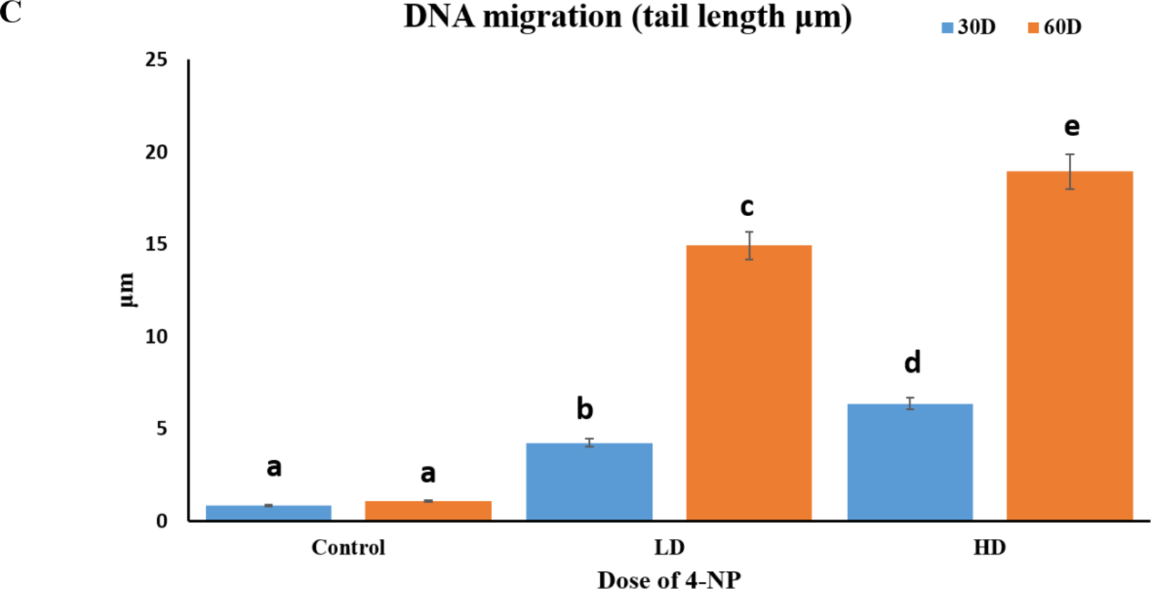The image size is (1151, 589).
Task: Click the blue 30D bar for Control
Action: pos(268,512)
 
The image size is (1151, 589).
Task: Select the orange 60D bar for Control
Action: pos(428,510)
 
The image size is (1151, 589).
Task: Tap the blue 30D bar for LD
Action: pos(589,481)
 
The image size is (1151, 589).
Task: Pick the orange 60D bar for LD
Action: pos(749,382)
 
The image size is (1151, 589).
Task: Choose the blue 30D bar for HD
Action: pos(909,462)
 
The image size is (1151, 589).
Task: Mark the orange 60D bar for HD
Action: pos(1070,345)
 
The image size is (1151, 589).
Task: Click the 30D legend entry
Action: pos(969,27)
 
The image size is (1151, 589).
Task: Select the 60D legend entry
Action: pos(1054,27)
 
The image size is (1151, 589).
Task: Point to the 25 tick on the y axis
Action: pos(157,59)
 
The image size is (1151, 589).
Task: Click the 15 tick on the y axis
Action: pos(157,244)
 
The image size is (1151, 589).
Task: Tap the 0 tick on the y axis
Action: pos(162,521)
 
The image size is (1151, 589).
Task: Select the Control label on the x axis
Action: pos(348,547)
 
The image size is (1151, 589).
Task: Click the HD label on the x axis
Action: pos(989,547)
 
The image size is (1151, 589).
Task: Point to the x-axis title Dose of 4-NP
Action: pos(669,579)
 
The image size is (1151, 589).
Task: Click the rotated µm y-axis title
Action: pos(126,290)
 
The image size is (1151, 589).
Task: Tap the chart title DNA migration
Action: pos(628,17)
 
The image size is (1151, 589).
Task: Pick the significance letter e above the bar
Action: pos(1072,127)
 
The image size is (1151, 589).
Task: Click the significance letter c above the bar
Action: pos(747,207)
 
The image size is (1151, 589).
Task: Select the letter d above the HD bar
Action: pos(912,362)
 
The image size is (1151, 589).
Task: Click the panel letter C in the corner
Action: pos(10,11)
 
